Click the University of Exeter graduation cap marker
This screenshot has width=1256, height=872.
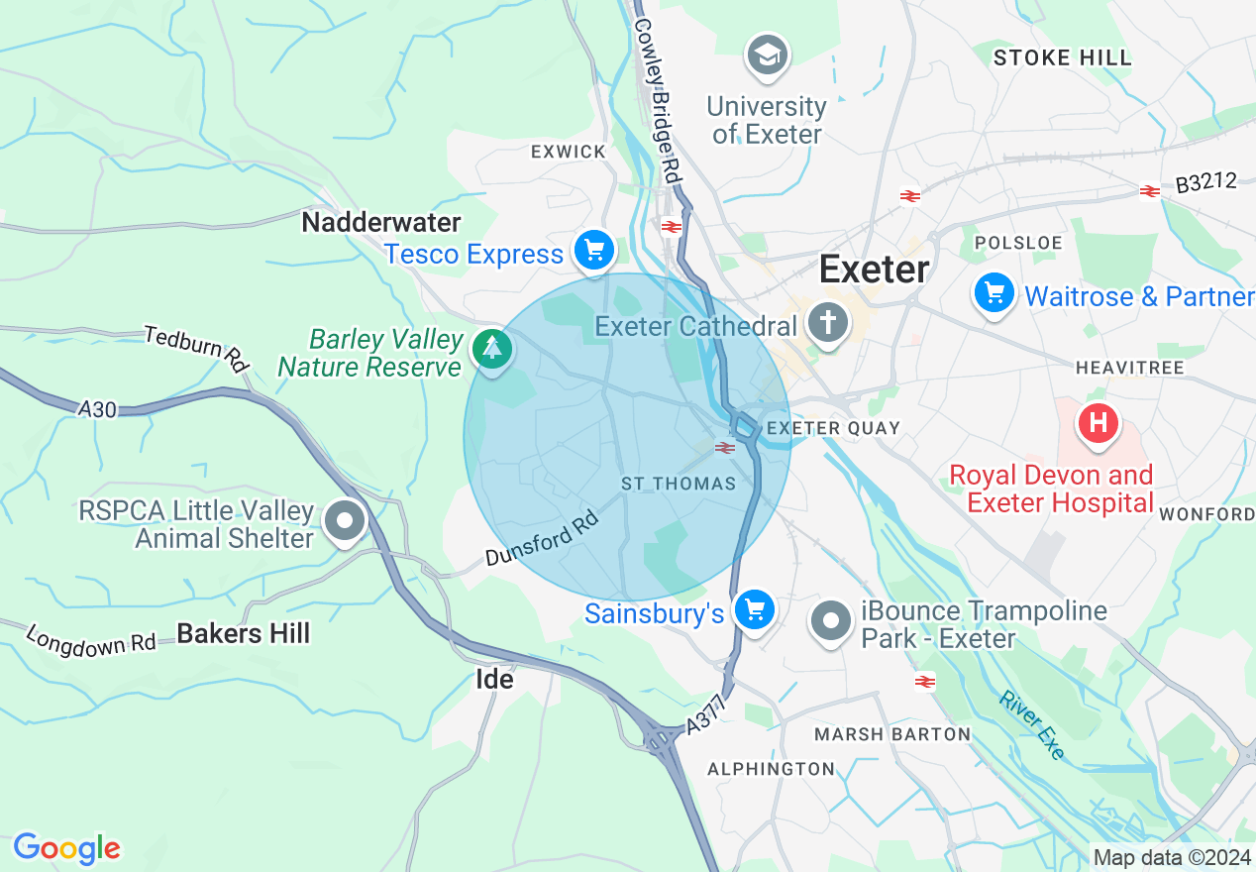[768, 56]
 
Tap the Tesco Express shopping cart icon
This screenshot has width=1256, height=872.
[594, 252]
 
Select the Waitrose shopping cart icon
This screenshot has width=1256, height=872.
[994, 294]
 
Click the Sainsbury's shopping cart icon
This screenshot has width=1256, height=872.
[756, 610]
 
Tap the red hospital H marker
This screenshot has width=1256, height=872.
[1098, 423]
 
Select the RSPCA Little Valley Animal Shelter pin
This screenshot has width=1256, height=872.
[346, 520]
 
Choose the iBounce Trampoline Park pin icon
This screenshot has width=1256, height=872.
[831, 621]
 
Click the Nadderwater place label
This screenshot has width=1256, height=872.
[381, 222]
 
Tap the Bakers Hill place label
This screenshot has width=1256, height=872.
[244, 634]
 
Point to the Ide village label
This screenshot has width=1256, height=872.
[494, 680]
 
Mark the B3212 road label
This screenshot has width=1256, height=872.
[1206, 183]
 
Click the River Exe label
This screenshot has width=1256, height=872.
[1031, 725]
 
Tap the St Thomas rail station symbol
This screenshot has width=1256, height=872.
[725, 449]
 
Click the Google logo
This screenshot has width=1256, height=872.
[66, 848]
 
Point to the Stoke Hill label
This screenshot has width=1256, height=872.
[1062, 57]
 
